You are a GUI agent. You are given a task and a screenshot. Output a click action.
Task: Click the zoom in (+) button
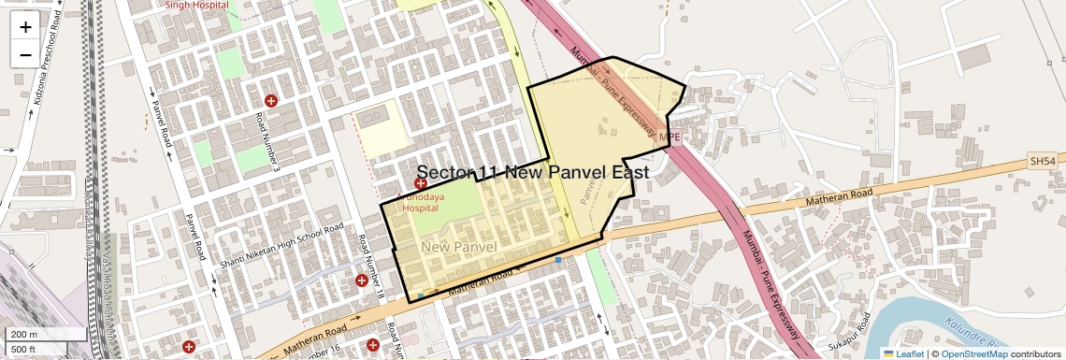pyautogui.click(x=25, y=26)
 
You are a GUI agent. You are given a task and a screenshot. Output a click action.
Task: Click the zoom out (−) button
pyautogui.click(x=25, y=54)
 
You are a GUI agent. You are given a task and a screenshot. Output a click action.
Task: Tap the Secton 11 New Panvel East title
pyautogui.click(x=532, y=173)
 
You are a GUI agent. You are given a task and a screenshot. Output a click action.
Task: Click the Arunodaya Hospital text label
pyautogui.click(x=420, y=204)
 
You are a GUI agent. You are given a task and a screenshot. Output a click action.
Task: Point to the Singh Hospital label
pyautogui.click(x=197, y=5)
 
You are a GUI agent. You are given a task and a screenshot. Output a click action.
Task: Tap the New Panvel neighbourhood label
pyautogui.click(x=458, y=247)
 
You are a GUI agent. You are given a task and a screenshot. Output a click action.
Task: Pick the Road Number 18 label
pyautogui.click(x=370, y=267)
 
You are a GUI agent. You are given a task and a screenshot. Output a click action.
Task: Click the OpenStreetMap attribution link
pyautogui.click(x=973, y=353)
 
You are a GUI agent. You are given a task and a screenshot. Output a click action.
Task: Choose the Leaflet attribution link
pyautogui.click(x=903, y=353)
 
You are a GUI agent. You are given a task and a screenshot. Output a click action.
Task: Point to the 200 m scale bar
pyautogui.click(x=45, y=334)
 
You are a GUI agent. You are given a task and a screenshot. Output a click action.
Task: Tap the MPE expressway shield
pyautogui.click(x=670, y=137)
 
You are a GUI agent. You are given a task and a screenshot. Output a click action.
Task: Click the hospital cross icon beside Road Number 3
pyautogui.click(x=271, y=101)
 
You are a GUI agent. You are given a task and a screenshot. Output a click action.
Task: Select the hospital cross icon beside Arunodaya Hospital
pyautogui.click(x=422, y=185)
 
